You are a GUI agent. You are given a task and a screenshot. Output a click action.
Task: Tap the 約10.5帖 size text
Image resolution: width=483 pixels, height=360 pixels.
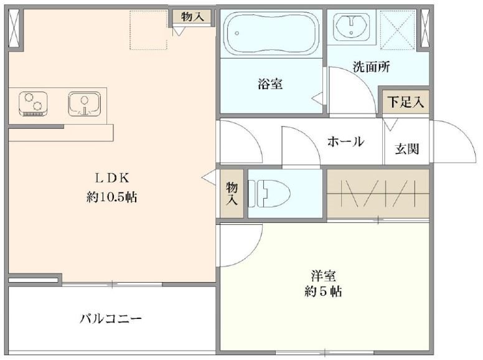pos(111,197)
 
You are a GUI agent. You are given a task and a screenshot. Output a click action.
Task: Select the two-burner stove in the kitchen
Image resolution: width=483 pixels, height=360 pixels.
pos(34,103)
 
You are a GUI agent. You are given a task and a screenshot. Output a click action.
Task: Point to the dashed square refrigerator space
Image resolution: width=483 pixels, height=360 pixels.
pos(149,29)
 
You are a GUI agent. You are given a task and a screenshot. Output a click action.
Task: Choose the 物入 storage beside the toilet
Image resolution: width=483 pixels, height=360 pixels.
pos(232,193)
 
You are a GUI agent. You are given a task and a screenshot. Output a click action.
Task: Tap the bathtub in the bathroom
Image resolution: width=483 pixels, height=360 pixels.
pos(270,34)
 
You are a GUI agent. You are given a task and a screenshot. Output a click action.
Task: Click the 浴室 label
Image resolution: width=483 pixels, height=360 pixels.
pos(270,83)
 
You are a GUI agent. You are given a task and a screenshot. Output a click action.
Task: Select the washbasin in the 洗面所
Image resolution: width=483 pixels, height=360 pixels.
pos(352,26)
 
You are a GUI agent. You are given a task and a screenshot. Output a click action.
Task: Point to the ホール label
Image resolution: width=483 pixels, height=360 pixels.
pos(345,142)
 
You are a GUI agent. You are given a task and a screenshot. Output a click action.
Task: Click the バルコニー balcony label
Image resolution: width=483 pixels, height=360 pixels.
pos(111,319)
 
